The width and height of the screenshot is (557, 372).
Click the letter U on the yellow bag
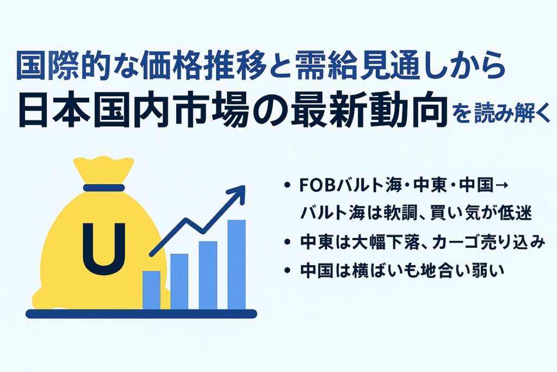coord(104,249)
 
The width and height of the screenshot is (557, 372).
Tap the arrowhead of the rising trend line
coord(238,193)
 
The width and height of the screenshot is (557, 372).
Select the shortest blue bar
coord(151,290)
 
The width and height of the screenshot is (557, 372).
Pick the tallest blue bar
coord(237,265)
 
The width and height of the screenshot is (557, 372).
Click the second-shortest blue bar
coord(180,282)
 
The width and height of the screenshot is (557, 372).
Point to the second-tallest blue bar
coord(208,275)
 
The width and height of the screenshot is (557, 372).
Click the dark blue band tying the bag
coord(104,188)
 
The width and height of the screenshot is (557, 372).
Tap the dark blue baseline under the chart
coord(141,314)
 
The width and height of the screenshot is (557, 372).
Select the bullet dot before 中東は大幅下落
coord(287,242)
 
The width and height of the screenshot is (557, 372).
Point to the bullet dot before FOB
coord(287,186)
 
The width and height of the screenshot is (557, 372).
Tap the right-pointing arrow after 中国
coord(500,186)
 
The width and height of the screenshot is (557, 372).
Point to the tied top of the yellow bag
coord(104,169)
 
